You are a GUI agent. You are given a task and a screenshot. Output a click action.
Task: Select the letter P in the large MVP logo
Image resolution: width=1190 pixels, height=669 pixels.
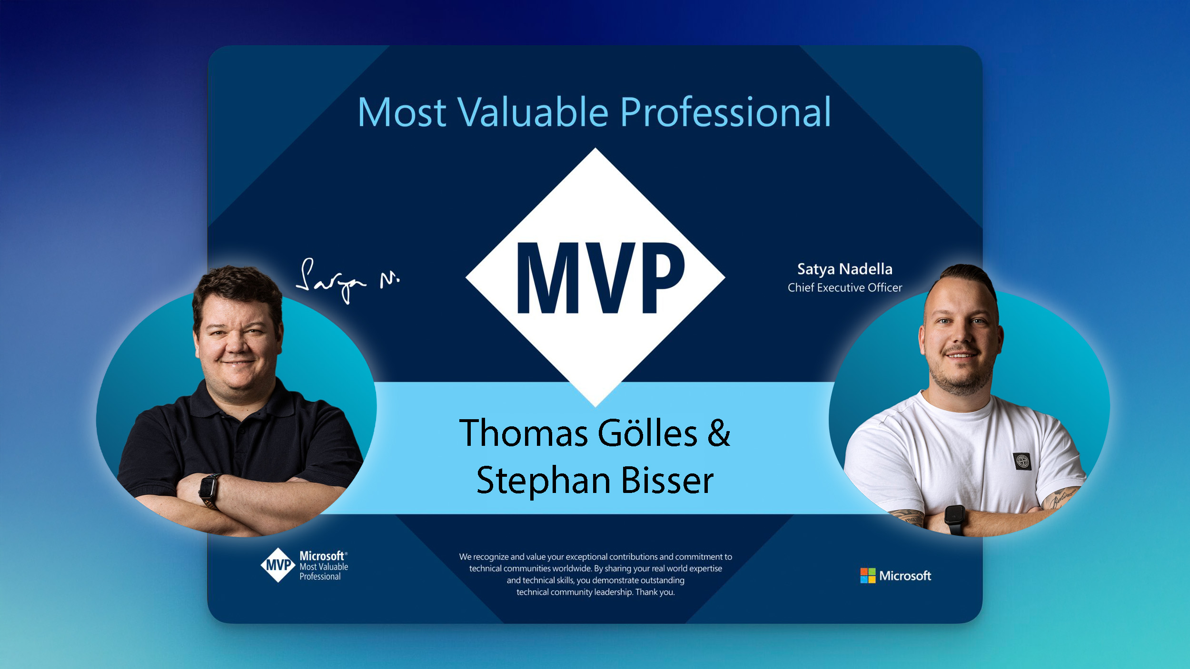tap(664, 278)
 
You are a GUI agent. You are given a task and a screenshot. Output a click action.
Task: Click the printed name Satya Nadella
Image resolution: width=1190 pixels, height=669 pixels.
tap(845, 269)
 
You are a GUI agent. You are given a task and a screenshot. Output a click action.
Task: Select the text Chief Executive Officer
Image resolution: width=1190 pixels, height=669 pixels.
tap(845, 288)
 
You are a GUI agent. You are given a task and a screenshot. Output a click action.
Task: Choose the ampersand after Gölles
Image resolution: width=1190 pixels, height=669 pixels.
tap(719, 433)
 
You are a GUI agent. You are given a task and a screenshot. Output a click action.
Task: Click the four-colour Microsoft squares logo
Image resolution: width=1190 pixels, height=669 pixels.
tap(868, 576)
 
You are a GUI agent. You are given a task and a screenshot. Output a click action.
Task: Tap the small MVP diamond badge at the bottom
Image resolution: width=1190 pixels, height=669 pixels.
tap(278, 565)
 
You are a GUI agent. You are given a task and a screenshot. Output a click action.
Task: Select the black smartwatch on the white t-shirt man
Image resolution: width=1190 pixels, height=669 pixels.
tap(954, 520)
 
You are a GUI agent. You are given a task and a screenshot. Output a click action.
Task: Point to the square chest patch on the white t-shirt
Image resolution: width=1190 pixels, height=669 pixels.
tap(1021, 461)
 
